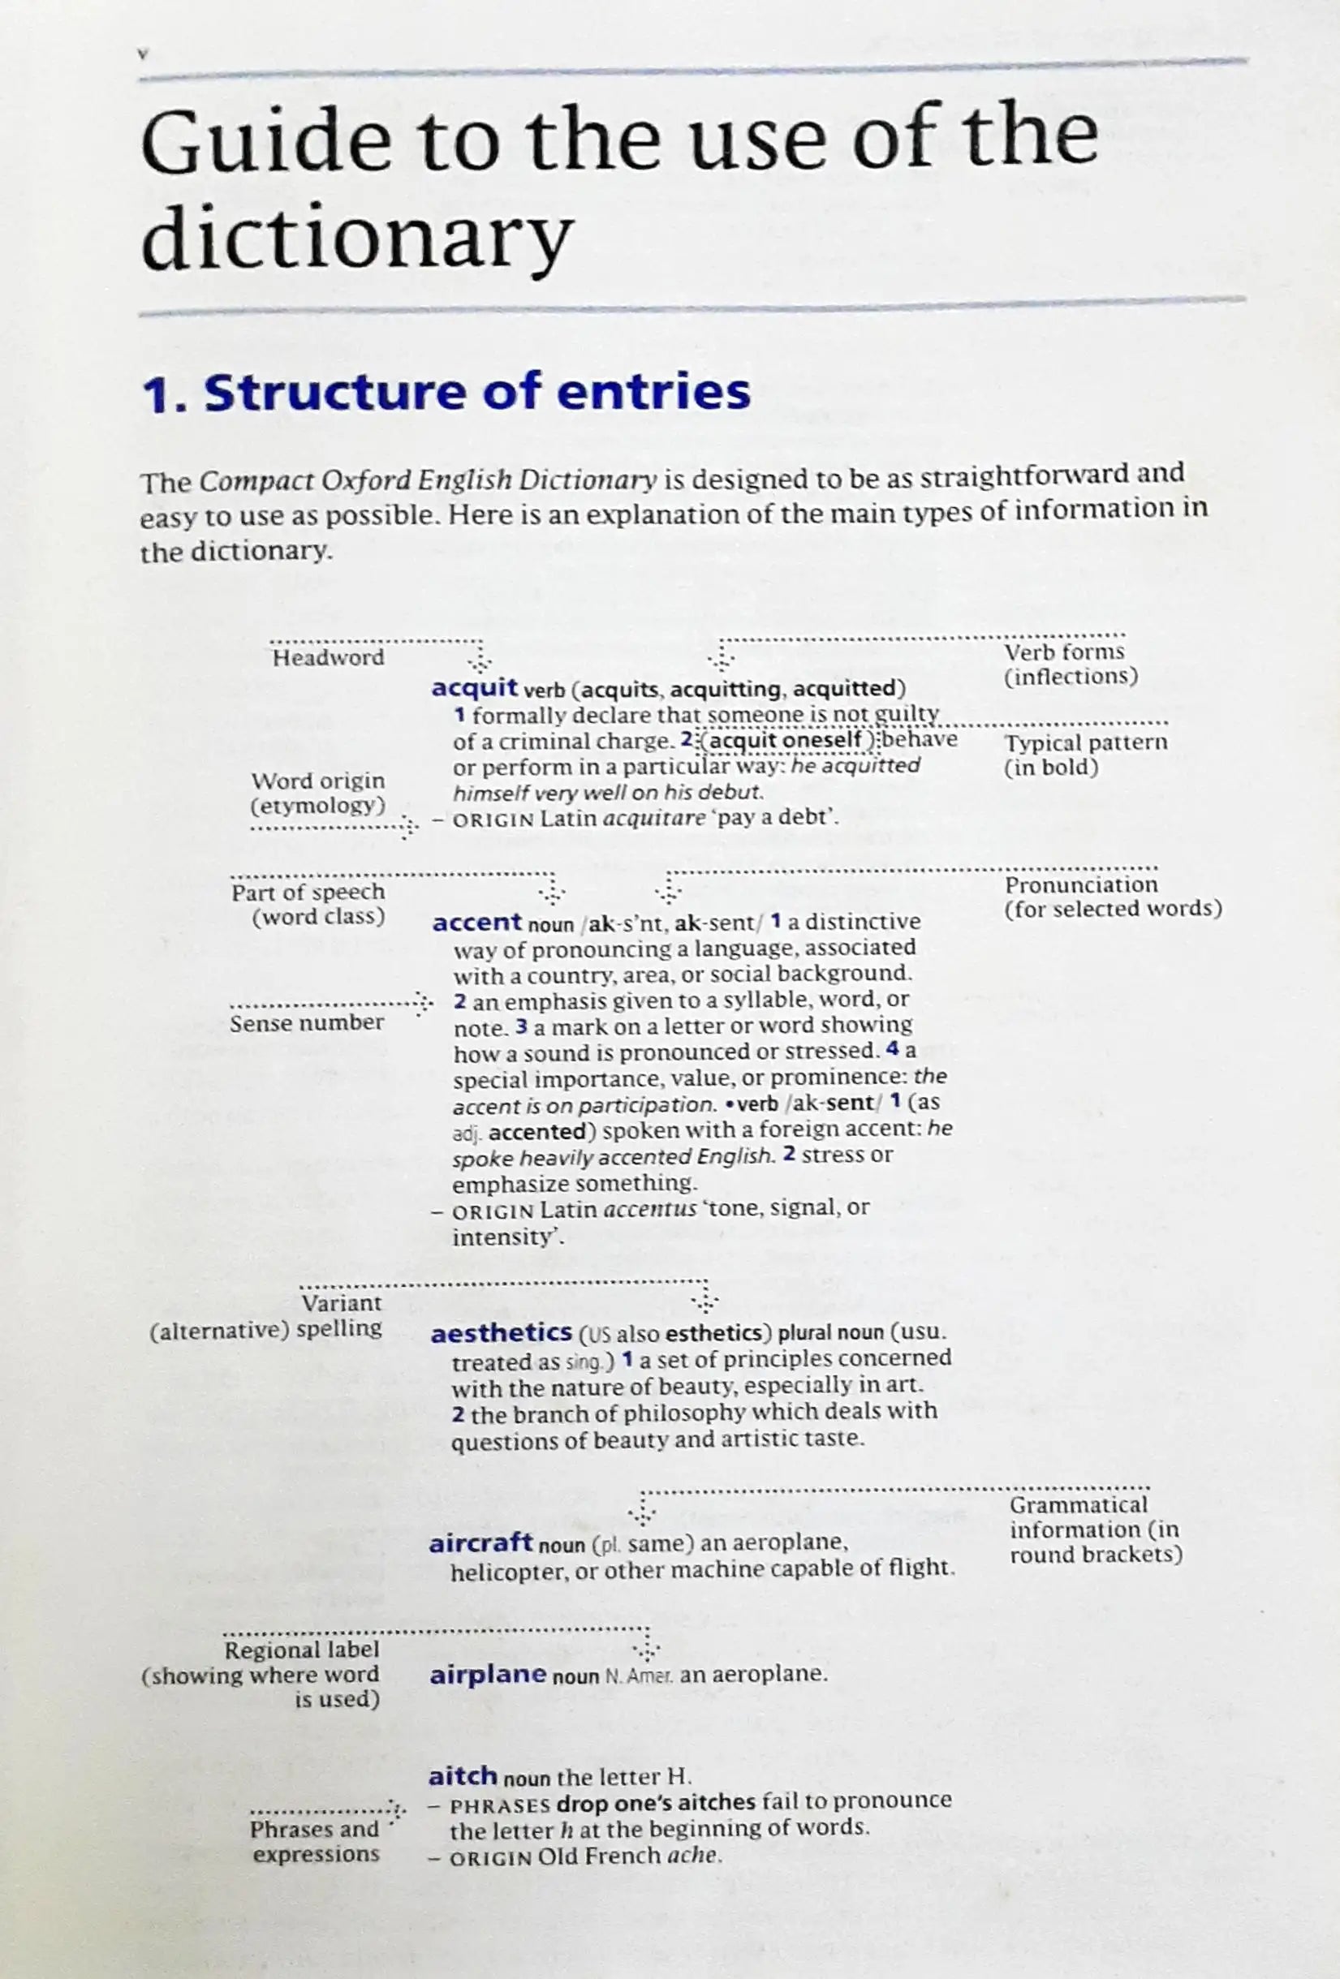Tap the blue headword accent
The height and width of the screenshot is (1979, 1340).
coord(476,923)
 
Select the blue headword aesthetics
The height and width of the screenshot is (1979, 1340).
coord(501,1332)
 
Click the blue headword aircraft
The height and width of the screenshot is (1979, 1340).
coord(480,1543)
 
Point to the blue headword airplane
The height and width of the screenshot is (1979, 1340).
coord(487,1674)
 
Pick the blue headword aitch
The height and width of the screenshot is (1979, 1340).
coord(462,1775)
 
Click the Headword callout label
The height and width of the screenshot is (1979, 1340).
coord(328,657)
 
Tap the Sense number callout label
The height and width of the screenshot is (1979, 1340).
coord(307,1022)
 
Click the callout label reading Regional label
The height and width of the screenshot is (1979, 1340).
coord(302,1650)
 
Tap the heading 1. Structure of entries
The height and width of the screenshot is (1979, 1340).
coord(447,393)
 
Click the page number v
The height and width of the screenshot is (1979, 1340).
coord(143,54)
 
